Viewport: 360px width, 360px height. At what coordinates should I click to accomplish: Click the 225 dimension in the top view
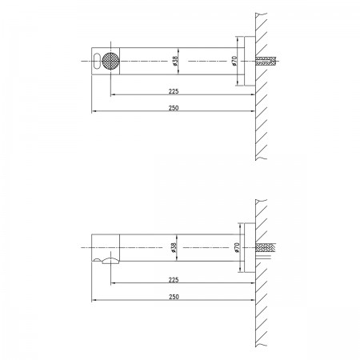(174, 91)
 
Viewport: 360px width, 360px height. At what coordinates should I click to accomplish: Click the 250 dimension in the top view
(174, 108)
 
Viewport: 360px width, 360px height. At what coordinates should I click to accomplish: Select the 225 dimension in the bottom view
(174, 280)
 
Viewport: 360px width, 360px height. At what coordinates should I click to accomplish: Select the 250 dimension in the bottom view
(174, 297)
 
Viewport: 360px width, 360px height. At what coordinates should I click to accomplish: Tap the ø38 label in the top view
(175, 61)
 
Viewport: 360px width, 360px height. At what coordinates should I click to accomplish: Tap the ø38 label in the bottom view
(174, 247)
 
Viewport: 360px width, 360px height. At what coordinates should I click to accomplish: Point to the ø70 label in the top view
(234, 61)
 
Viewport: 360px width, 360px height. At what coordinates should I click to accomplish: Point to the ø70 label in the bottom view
(238, 247)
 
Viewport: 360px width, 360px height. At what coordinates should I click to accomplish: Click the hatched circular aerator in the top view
(110, 61)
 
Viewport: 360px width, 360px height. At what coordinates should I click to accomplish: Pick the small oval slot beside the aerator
(97, 61)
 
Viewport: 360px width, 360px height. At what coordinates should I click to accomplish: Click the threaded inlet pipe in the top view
(266, 61)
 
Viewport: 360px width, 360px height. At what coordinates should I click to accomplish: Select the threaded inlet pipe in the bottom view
(266, 248)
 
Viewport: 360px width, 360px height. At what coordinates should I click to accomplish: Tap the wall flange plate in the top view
(250, 61)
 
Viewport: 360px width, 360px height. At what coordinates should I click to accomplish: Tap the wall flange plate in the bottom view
(250, 247)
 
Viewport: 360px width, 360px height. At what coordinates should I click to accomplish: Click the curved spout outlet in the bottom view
(110, 260)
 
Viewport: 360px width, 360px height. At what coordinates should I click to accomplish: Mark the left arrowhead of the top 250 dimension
(94, 111)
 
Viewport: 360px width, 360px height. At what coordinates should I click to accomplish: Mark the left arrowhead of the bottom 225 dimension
(113, 283)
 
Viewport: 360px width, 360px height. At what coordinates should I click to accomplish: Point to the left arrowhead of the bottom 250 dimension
(94, 300)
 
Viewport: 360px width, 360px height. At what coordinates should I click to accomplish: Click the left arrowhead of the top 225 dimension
(113, 94)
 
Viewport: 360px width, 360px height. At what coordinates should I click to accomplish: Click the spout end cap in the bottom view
(106, 248)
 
